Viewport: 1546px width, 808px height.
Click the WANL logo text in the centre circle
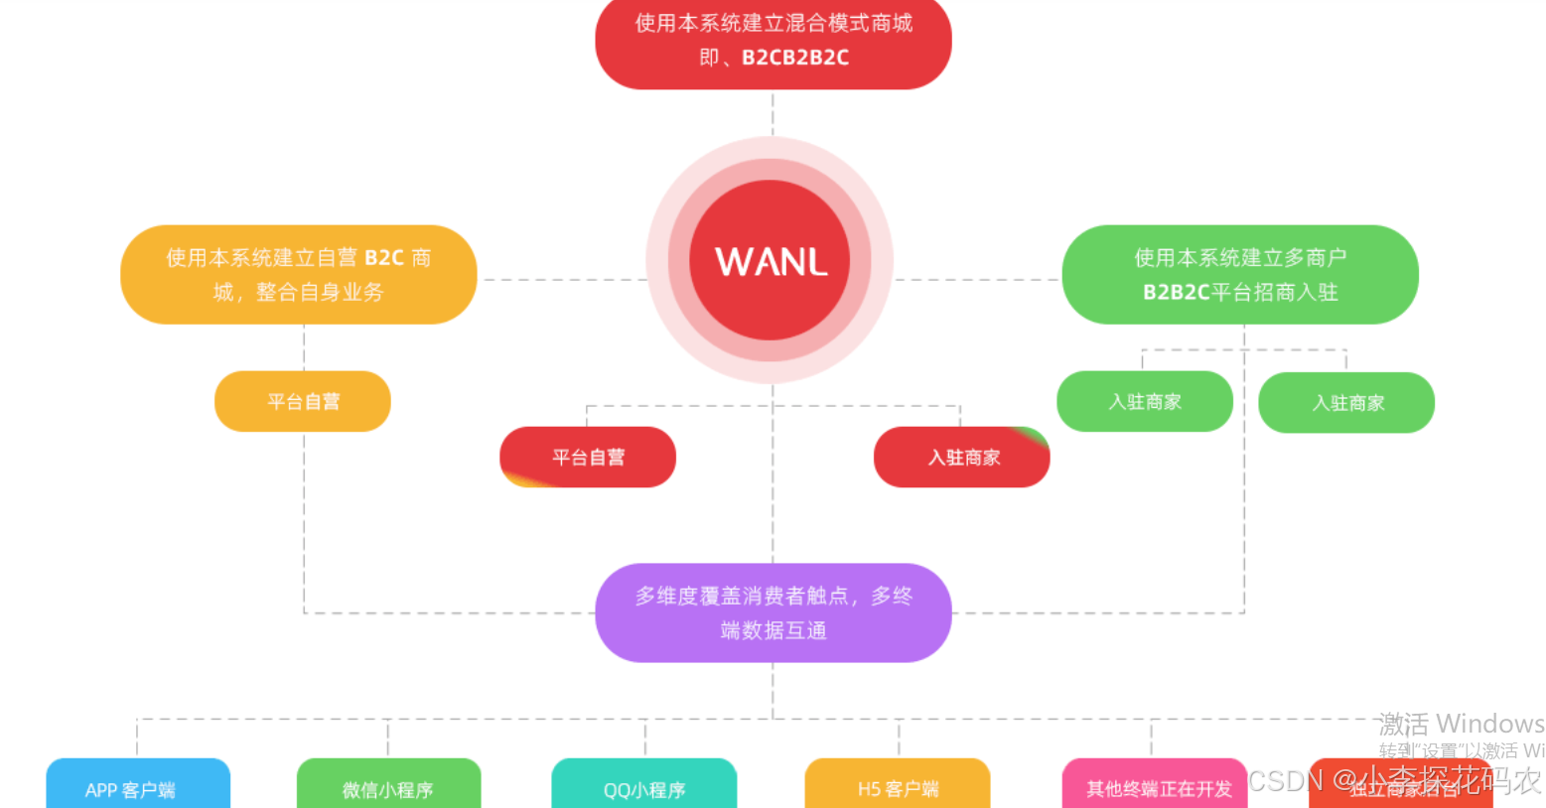(x=771, y=262)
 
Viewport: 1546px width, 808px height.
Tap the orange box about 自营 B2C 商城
(x=298, y=275)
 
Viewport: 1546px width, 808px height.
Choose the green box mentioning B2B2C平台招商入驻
(x=1239, y=275)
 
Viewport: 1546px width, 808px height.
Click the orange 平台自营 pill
(x=303, y=401)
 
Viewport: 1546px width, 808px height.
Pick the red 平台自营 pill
(x=588, y=457)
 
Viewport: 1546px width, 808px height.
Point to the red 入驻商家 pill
(x=961, y=457)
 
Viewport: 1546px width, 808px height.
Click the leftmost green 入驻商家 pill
(x=1144, y=401)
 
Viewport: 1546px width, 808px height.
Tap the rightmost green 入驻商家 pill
(x=1346, y=402)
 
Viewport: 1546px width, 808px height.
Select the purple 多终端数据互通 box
(x=773, y=612)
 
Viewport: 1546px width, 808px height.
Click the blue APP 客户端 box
(x=138, y=787)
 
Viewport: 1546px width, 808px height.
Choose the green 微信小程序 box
(x=388, y=787)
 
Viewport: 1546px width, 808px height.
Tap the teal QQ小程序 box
(x=644, y=787)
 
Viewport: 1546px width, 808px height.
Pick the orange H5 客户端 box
(x=898, y=786)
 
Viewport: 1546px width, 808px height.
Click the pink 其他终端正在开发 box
(x=1156, y=786)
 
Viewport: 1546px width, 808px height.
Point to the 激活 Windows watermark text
(x=1460, y=724)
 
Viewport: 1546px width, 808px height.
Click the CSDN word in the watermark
(x=1285, y=780)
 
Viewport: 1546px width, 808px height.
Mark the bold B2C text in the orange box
(x=384, y=258)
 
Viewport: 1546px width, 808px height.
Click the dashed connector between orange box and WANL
(x=562, y=280)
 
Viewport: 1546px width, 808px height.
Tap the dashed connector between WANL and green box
(x=978, y=280)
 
